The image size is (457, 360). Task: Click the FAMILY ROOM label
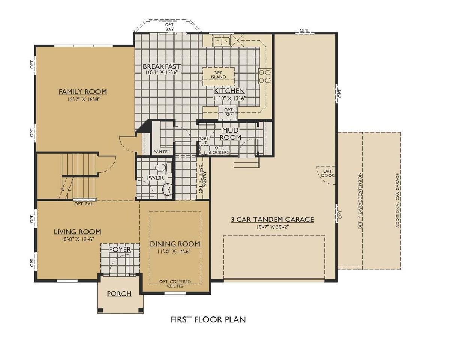click(x=83, y=92)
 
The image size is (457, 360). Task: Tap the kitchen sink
click(x=222, y=41)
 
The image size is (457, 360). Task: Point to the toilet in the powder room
click(x=163, y=168)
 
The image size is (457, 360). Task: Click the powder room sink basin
click(x=167, y=189)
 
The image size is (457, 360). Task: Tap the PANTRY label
click(x=162, y=152)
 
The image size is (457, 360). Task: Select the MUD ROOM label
click(x=231, y=134)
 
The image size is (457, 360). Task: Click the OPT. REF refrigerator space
click(x=228, y=112)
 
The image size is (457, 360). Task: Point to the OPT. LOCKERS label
click(x=219, y=150)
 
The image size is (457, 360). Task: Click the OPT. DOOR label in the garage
click(x=328, y=173)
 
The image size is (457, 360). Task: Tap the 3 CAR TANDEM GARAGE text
click(x=272, y=219)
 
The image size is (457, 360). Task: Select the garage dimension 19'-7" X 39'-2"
click(x=273, y=227)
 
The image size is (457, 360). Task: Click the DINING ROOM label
click(x=175, y=244)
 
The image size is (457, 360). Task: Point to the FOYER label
click(x=120, y=249)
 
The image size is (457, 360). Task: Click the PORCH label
click(x=119, y=294)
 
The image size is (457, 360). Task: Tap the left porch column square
click(x=101, y=310)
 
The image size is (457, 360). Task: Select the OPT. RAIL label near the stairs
click(x=84, y=204)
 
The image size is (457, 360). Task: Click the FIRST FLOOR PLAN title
click(x=208, y=325)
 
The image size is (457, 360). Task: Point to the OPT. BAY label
click(x=170, y=27)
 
